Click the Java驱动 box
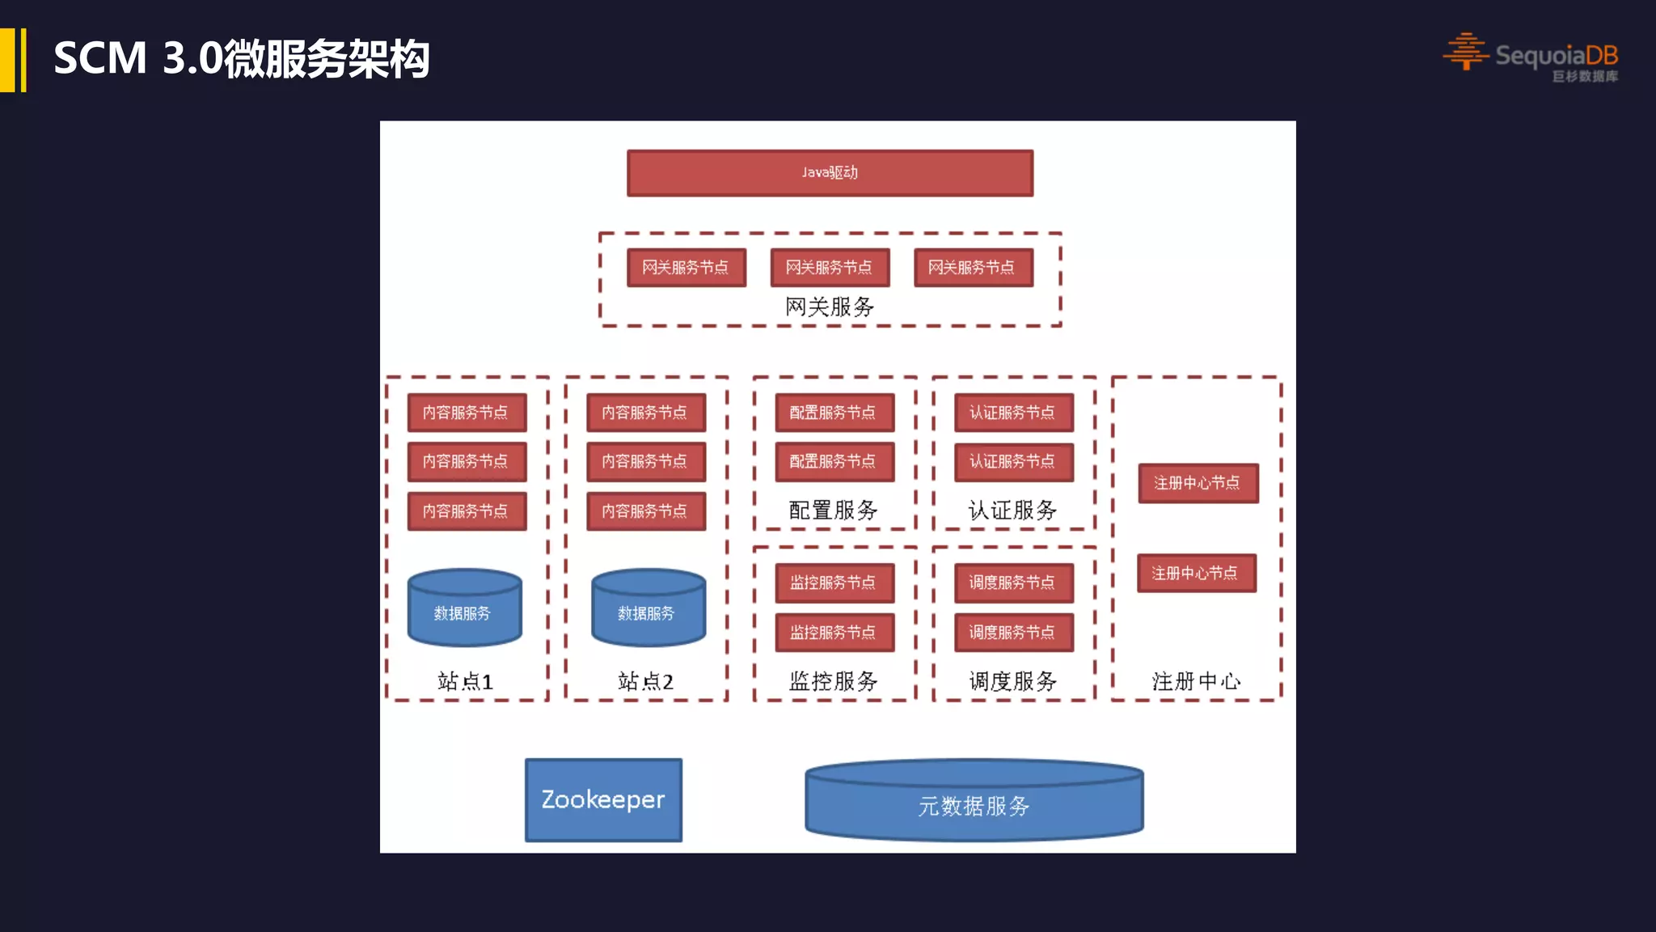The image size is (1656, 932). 830,172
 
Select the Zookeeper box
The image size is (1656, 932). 603,799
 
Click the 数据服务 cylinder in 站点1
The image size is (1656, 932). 464,609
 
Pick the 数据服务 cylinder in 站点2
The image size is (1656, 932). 648,609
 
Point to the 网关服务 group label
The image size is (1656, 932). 830,307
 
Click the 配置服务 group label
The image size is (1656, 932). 833,510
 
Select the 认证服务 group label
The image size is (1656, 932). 1012,510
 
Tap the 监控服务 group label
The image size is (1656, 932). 833,681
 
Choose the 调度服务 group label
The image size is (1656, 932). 1012,681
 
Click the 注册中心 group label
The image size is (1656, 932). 1196,681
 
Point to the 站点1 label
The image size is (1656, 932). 465,681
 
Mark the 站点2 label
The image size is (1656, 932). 645,681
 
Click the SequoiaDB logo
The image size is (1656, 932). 1531,57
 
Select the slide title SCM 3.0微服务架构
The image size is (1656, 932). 241,59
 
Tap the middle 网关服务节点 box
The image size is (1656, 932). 830,267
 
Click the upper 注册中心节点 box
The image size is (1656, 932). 1198,483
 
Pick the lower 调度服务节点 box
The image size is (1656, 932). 1013,632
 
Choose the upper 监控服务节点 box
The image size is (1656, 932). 834,582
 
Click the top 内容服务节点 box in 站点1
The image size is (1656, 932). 467,413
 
